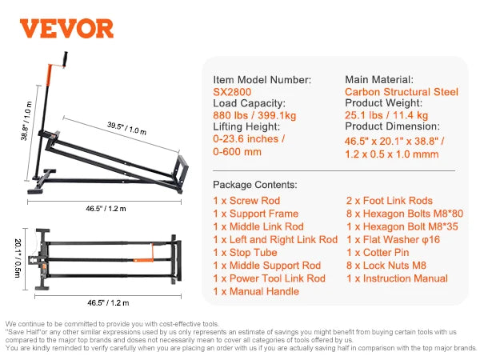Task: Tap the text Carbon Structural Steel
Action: (x=402, y=92)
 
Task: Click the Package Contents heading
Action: (x=255, y=184)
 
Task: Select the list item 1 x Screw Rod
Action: (x=246, y=201)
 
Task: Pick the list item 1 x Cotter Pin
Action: (x=378, y=253)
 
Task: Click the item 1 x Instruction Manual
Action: (x=397, y=278)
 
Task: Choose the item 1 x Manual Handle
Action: (x=255, y=291)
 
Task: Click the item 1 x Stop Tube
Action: (x=245, y=253)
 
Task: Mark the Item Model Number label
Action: (x=262, y=80)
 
